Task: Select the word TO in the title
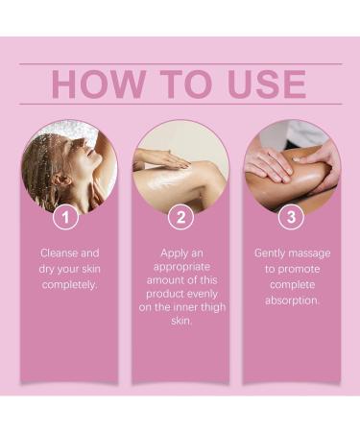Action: [177, 84]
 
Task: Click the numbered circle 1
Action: [66, 218]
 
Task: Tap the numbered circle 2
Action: [180, 218]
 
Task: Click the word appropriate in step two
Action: [180, 269]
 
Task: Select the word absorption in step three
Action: [293, 300]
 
